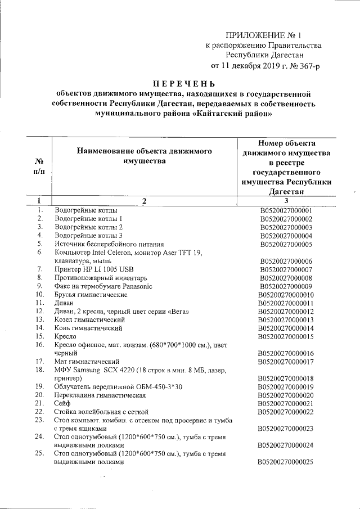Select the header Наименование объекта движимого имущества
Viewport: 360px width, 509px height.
(x=144, y=156)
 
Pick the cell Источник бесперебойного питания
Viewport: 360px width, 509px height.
(x=109, y=244)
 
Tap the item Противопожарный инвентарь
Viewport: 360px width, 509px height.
(x=101, y=278)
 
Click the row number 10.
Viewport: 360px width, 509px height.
(x=40, y=295)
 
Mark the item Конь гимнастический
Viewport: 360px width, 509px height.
(x=88, y=328)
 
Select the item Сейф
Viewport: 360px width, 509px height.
(x=63, y=403)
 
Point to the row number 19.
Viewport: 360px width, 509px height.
(x=40, y=386)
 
